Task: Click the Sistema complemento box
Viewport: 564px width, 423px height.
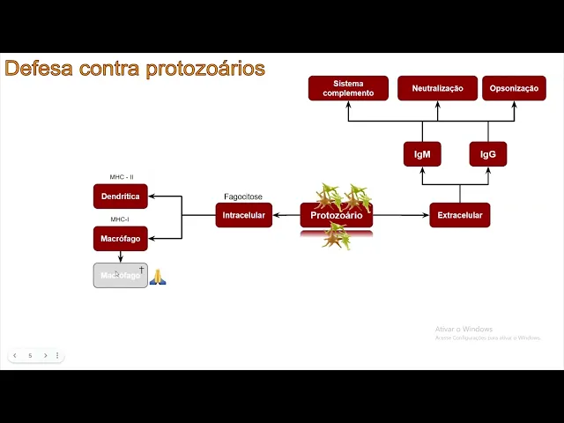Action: [348, 88]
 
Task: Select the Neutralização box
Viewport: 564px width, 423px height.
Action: [437, 88]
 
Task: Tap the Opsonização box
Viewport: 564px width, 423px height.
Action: [514, 88]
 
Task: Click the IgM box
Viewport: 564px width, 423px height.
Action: [422, 154]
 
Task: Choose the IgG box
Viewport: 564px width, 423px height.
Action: [487, 154]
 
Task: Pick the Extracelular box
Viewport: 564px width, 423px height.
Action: [459, 215]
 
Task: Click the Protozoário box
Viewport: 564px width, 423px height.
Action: [336, 215]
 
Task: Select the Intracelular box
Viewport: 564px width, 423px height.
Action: [243, 215]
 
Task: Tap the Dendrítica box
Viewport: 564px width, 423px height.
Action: [121, 196]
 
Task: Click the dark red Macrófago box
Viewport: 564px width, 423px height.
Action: [121, 238]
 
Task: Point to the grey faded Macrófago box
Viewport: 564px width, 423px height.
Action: [121, 276]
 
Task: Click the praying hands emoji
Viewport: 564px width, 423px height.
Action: [158, 277]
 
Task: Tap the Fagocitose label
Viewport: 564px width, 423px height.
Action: [243, 197]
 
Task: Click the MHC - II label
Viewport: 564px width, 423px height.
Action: [122, 177]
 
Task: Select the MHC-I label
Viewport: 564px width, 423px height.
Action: [121, 219]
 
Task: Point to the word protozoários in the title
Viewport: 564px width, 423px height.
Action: [204, 69]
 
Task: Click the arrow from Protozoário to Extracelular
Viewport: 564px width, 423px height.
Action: [401, 215]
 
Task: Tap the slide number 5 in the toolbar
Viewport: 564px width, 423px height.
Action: [30, 356]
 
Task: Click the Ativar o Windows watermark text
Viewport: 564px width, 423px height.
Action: [464, 330]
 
